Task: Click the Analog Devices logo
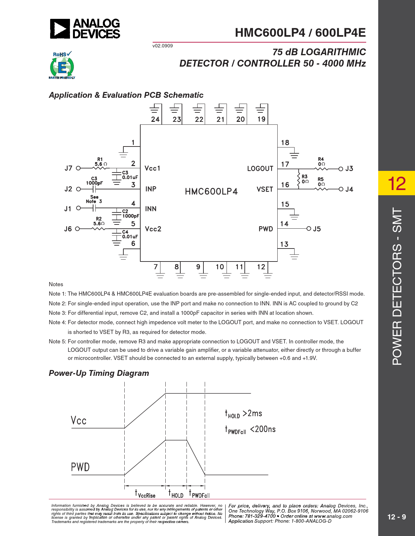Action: click(x=85, y=29)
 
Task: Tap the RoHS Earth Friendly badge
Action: click(x=62, y=65)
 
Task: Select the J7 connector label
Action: click(x=68, y=168)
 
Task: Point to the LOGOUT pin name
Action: click(x=260, y=169)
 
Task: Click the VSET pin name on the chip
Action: click(x=265, y=189)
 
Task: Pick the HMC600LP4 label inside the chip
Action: click(x=211, y=191)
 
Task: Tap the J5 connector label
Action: click(x=317, y=229)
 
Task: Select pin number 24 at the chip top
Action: click(x=155, y=120)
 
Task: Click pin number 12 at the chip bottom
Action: click(x=261, y=267)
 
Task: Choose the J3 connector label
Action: click(x=349, y=169)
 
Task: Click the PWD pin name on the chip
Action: click(x=266, y=229)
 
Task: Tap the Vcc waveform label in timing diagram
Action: click(x=79, y=421)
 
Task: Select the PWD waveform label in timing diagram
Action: click(x=80, y=467)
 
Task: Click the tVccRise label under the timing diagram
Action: click(x=145, y=494)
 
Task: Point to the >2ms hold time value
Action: click(x=252, y=414)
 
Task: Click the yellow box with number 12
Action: click(x=396, y=183)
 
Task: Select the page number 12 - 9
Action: click(x=396, y=517)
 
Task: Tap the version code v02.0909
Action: click(x=162, y=46)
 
